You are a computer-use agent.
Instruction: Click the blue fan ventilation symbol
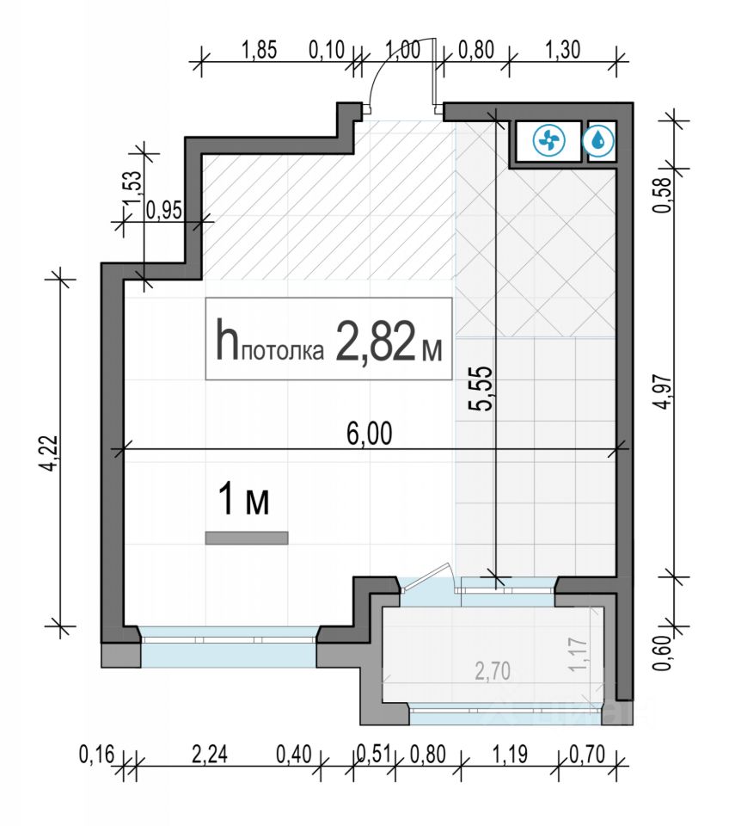(x=548, y=140)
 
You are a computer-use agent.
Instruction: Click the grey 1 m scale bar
(x=247, y=538)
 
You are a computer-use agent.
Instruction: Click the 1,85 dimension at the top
(x=259, y=51)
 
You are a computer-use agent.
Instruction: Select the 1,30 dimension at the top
(x=563, y=50)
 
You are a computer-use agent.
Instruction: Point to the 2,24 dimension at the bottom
(x=210, y=755)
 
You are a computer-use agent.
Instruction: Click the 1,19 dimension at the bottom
(x=509, y=755)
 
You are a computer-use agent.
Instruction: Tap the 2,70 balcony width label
(x=493, y=672)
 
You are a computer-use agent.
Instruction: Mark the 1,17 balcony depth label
(x=578, y=656)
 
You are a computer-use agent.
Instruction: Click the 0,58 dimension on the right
(x=664, y=194)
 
